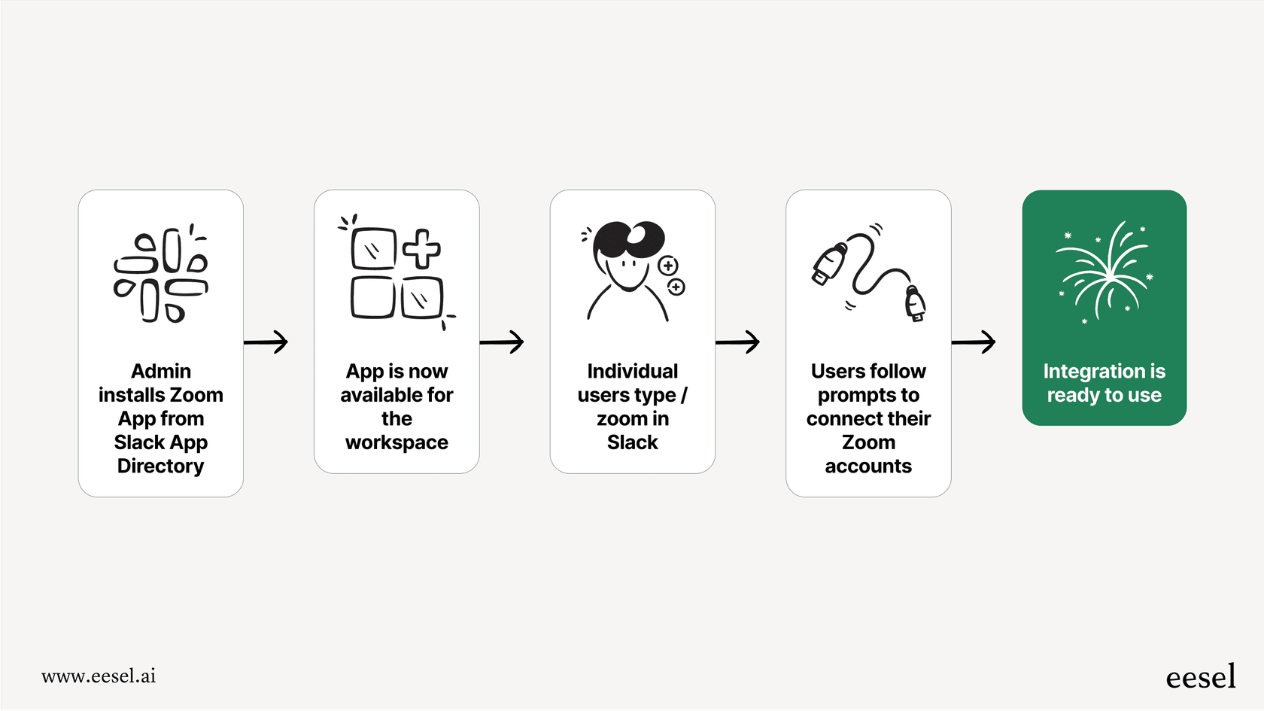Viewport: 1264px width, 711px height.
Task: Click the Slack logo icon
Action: click(x=161, y=274)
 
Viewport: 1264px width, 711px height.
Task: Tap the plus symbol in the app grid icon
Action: click(x=422, y=249)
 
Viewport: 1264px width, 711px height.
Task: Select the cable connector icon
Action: click(x=869, y=272)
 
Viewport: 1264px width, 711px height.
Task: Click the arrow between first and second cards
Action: click(x=266, y=342)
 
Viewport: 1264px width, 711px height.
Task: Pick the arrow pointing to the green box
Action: click(x=974, y=342)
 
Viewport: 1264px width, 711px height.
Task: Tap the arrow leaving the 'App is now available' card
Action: click(x=502, y=342)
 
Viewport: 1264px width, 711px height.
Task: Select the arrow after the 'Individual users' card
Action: click(x=737, y=342)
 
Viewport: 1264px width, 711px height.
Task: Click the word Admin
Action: click(x=161, y=371)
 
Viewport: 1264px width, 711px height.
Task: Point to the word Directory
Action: click(x=161, y=466)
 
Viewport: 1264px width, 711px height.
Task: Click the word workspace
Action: click(x=397, y=442)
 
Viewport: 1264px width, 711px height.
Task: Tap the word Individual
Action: click(x=632, y=371)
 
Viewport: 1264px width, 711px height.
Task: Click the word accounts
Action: click(x=868, y=466)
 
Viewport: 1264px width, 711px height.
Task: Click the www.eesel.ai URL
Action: click(x=99, y=676)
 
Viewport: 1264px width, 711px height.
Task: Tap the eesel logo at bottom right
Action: click(x=1200, y=677)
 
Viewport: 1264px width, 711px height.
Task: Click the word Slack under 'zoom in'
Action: click(x=632, y=442)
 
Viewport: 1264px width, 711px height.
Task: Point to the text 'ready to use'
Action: click(x=1104, y=396)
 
